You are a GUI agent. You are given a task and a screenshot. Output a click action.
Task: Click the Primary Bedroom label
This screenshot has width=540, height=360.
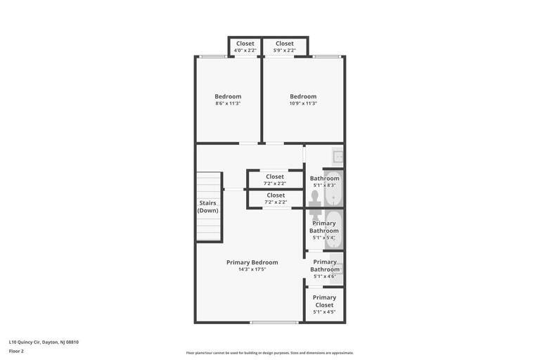(x=252, y=262)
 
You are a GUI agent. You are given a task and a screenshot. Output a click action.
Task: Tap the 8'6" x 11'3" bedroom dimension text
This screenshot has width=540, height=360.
(x=228, y=103)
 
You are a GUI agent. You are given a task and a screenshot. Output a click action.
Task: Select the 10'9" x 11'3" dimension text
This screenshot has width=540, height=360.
(x=303, y=103)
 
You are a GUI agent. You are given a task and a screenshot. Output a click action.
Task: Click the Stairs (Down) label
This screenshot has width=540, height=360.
(x=207, y=207)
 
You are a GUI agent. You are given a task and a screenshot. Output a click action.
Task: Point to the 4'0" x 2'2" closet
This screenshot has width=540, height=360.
(x=245, y=47)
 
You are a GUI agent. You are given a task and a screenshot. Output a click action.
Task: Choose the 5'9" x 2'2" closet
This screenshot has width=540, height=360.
(x=285, y=47)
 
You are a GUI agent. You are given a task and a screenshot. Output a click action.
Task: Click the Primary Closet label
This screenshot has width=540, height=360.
(x=324, y=301)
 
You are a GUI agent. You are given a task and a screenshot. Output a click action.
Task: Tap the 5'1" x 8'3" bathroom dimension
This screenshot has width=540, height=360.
(x=324, y=185)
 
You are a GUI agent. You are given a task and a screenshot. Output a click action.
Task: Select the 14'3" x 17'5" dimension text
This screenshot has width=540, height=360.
(x=252, y=269)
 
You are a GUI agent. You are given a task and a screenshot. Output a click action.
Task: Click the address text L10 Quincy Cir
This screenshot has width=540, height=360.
(x=25, y=342)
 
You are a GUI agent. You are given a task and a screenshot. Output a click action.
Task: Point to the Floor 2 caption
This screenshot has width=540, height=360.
(x=16, y=352)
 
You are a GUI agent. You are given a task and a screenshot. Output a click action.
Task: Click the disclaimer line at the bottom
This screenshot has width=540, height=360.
(x=270, y=353)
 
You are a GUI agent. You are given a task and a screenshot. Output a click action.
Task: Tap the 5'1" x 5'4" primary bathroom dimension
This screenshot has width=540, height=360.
(x=324, y=238)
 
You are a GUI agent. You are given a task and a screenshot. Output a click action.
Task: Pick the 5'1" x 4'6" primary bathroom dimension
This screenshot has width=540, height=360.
(x=325, y=276)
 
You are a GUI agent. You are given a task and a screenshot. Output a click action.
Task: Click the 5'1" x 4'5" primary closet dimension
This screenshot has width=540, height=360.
(x=324, y=311)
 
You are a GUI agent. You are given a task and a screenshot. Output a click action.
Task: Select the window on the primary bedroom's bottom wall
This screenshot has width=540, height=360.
(x=274, y=323)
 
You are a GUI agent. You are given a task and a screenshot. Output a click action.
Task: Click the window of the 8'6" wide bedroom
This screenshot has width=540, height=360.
(x=214, y=56)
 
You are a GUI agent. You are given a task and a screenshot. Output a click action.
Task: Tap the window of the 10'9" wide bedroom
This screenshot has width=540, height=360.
(x=327, y=56)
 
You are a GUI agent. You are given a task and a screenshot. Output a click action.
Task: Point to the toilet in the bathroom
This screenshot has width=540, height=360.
(x=315, y=206)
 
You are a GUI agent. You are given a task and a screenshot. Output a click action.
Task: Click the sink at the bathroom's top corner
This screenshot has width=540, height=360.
(x=337, y=156)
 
